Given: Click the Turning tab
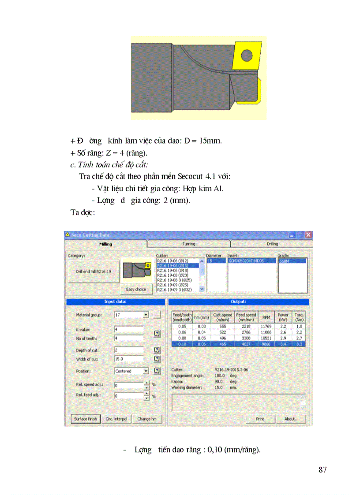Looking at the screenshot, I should coord(188,244).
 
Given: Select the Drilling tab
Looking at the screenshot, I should coord(272,244).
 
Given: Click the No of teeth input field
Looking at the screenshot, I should coord(129,338).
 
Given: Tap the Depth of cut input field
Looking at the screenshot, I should coord(129,350).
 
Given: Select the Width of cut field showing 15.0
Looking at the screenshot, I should coord(129,359).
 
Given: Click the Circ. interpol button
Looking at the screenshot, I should coord(116,419).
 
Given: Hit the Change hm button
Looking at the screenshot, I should coord(147,419).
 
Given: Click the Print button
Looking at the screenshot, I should coord(260,419).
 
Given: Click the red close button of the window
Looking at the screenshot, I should coord(308,235).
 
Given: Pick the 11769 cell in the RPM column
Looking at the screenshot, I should coord(266,326).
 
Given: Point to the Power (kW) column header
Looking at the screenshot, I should coord(283,317).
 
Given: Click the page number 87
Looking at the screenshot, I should coord(322,470).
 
